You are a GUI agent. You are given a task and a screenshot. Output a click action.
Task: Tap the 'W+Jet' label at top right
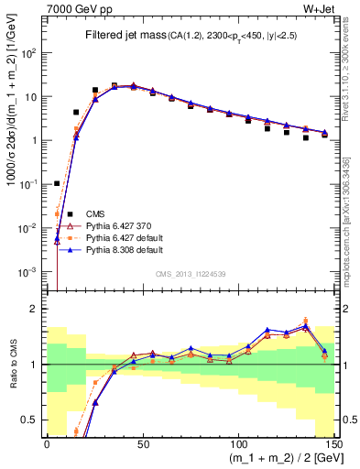tap(321, 10)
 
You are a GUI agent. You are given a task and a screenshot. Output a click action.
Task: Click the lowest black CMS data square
tap(57, 183)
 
